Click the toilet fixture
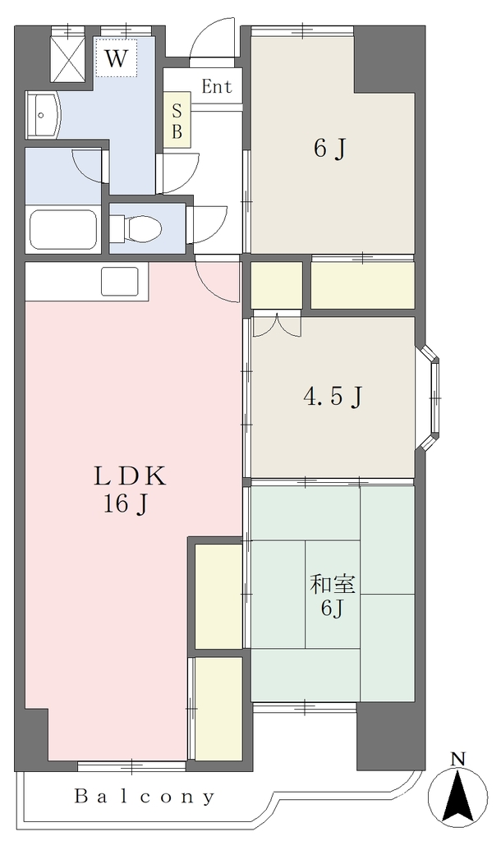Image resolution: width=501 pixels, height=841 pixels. pos(138,228)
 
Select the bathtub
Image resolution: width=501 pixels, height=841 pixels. pos(63,230)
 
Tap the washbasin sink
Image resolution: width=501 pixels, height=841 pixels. pos(44,114)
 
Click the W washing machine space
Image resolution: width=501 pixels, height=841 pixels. pos(117,57)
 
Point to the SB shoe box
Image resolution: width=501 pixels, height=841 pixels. pos(177,121)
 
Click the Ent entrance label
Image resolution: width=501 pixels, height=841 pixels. pos(217,86)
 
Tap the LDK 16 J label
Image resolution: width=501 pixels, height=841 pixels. pos(130,490)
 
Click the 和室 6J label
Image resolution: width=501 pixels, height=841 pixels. pos(333,596)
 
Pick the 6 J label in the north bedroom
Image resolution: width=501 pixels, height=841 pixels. pos(329,149)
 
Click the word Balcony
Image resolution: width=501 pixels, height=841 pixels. pos(144,797)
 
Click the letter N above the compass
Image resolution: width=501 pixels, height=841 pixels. pos(457,758)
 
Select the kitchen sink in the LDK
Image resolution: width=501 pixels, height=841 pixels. pos(120,281)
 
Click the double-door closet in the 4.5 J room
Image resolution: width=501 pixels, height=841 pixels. pos(276,324)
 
